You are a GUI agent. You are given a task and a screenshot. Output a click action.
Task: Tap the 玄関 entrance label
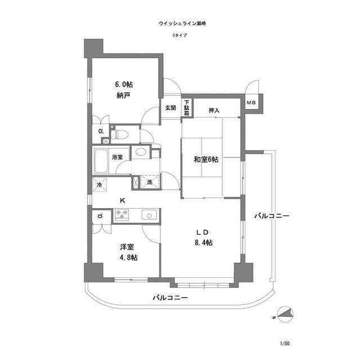(x=170, y=107)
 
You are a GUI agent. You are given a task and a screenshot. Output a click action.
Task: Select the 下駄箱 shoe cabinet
(x=186, y=109)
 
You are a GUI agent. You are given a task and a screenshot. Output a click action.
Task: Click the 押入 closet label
(x=214, y=111)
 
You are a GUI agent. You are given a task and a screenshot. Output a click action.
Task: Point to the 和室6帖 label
(x=206, y=159)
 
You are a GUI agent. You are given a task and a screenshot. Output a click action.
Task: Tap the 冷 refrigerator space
(x=100, y=183)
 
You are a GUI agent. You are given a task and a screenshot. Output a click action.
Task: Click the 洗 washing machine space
(x=150, y=182)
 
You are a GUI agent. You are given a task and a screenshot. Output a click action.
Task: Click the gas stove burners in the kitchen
(x=122, y=214)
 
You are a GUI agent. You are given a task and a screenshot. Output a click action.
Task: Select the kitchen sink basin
(x=150, y=214)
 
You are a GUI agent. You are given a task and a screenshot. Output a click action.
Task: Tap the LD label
(x=203, y=232)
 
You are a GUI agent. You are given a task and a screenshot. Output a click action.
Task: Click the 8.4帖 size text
(x=203, y=242)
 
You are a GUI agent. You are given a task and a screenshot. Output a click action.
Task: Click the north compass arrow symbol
(x=286, y=315)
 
